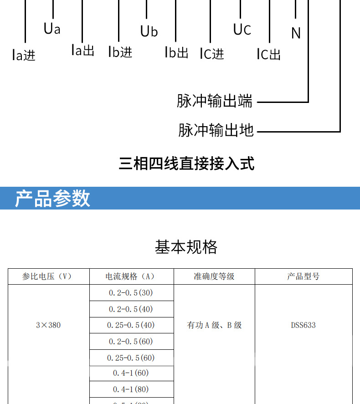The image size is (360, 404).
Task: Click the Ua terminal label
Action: pyautogui.click(x=52, y=29)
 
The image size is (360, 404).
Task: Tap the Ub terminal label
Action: pyautogui.click(x=149, y=31)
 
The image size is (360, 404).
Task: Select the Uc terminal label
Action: pyautogui.click(x=242, y=30)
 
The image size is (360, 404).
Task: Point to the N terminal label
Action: pyautogui.click(x=296, y=33)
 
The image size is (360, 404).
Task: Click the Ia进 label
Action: pyautogui.click(x=24, y=55)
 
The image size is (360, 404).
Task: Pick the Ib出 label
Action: pyautogui.click(x=176, y=52)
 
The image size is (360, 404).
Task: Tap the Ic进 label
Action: pyautogui.click(x=212, y=53)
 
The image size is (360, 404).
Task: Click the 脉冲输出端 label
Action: pyautogui.click(x=215, y=101)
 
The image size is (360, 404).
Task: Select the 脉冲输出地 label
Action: pyautogui.click(x=216, y=130)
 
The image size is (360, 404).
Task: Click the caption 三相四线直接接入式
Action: pyautogui.click(x=186, y=163)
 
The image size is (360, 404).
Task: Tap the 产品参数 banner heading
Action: pyautogui.click(x=53, y=199)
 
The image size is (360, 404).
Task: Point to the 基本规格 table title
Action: pyautogui.click(x=186, y=247)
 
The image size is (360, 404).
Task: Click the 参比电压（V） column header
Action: pyautogui.click(x=49, y=276)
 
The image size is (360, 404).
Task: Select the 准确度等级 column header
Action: pyautogui.click(x=214, y=276)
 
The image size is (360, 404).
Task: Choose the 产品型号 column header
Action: pyautogui.click(x=303, y=276)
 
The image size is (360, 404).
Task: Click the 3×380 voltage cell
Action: pyautogui.click(x=48, y=325)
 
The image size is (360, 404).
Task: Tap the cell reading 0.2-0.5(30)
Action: pyautogui.click(x=131, y=292)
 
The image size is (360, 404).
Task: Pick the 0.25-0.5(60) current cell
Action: pyautogui.click(x=131, y=358)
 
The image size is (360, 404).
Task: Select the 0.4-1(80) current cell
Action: pyautogui.click(x=131, y=389)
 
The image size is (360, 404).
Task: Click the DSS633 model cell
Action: pyautogui.click(x=303, y=325)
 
